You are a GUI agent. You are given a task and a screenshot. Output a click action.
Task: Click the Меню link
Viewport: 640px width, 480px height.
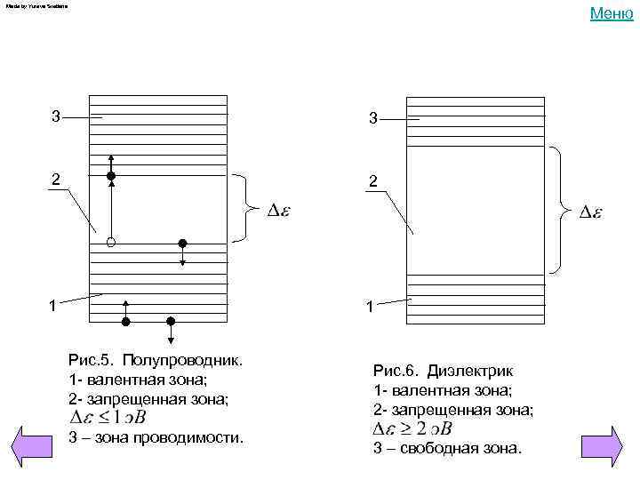[x=611, y=12]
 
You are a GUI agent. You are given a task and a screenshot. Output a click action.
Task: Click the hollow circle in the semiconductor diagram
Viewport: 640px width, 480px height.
[x=111, y=242]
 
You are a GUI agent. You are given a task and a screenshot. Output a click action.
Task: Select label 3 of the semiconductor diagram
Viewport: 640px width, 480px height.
[x=55, y=116]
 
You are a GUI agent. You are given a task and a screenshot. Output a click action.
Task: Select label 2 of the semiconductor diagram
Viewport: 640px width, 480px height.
[x=55, y=180]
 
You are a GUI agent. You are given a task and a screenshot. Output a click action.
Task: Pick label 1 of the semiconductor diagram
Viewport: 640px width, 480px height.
[x=53, y=307]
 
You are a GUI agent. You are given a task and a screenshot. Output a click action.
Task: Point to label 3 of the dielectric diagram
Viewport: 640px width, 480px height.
[x=373, y=118]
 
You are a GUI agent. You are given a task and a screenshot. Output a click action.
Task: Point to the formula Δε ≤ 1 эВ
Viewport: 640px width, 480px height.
[x=108, y=417]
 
